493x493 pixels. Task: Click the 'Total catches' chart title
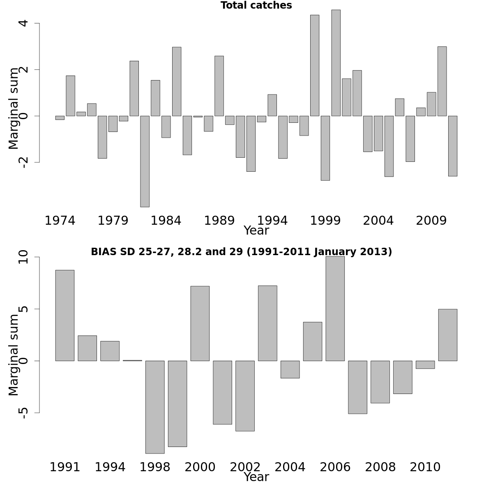(256, 6)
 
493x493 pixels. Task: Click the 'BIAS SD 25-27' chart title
(241, 252)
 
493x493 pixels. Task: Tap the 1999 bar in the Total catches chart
(325, 148)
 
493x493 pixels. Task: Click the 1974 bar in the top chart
(60, 118)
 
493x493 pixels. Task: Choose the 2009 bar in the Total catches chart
(431, 104)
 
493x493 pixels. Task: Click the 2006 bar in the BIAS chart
(335, 309)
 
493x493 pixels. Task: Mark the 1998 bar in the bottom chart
(155, 407)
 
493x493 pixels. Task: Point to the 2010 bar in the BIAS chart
(425, 365)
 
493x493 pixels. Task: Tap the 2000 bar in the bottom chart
(200, 323)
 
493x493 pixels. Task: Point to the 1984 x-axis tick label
(166, 221)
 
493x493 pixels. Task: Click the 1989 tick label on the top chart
(219, 221)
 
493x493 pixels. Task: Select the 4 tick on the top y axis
(23, 23)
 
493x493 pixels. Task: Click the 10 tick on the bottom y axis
(23, 258)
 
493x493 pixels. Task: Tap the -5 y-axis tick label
(23, 412)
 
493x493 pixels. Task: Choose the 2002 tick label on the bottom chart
(245, 468)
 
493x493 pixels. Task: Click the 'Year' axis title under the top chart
(256, 231)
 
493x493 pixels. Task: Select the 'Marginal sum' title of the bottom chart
(14, 355)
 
